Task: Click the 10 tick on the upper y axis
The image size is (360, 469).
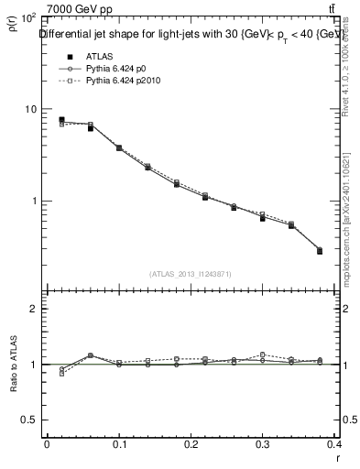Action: pyautogui.click(x=29, y=109)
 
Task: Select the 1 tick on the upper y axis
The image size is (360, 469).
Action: pyautogui.click(x=33, y=201)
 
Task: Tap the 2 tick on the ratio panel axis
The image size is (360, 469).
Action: pyautogui.click(x=33, y=309)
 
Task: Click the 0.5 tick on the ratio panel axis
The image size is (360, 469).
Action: pyautogui.click(x=28, y=420)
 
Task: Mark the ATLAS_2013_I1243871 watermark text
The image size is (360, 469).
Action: pyautogui.click(x=191, y=274)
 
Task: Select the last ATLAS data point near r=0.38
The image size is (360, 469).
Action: pyautogui.click(x=320, y=251)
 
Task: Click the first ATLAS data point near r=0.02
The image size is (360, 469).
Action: pyautogui.click(x=61, y=120)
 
